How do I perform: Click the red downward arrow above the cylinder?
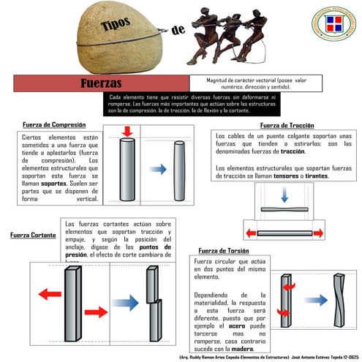point(127,132)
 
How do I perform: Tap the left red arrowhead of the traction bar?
point(252,233)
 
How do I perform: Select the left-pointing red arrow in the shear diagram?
point(49,293)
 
